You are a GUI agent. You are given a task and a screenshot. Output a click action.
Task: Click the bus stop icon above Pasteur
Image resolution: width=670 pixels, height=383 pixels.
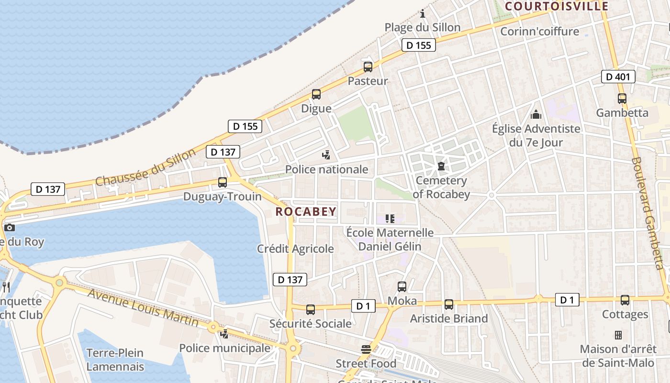tap(368, 67)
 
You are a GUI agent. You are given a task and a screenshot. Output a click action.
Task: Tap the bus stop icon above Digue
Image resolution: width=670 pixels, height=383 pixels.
tap(316, 94)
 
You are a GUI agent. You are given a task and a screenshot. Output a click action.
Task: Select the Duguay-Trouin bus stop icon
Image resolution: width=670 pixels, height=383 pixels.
tap(223, 182)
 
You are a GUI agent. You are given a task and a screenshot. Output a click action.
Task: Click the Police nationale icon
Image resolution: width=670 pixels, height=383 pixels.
tap(326, 155)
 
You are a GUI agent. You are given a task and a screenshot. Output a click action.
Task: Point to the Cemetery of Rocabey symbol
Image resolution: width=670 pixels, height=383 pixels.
tap(441, 166)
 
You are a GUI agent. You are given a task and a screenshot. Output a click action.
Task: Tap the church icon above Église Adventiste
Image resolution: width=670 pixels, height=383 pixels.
tap(536, 114)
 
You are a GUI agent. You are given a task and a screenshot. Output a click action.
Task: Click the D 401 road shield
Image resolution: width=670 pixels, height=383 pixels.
tap(618, 77)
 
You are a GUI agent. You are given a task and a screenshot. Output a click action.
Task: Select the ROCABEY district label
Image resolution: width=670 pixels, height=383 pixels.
tap(306, 212)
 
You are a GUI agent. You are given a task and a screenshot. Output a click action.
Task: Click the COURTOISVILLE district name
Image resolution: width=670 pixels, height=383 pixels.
tap(557, 6)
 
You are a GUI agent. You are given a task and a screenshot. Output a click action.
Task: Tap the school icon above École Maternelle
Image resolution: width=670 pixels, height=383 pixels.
tap(390, 219)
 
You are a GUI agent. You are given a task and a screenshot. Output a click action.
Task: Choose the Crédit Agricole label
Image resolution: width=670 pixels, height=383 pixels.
tap(295, 248)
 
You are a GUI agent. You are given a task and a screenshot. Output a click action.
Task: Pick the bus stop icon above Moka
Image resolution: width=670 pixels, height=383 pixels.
tap(402, 287)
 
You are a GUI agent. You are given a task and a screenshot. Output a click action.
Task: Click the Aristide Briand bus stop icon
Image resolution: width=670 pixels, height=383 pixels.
tap(448, 304)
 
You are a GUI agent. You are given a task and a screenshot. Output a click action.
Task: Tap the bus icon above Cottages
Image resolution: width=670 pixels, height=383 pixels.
tap(625, 300)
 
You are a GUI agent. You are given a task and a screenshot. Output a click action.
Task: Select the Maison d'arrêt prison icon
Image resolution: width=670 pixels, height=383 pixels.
tap(618, 335)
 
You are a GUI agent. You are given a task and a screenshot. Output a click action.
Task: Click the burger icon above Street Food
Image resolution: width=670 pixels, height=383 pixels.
tap(366, 349)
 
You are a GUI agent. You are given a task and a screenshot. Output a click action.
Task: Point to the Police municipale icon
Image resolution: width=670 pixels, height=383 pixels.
tap(224, 333)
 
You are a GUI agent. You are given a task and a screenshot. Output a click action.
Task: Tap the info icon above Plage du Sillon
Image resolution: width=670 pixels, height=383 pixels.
tap(423, 13)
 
